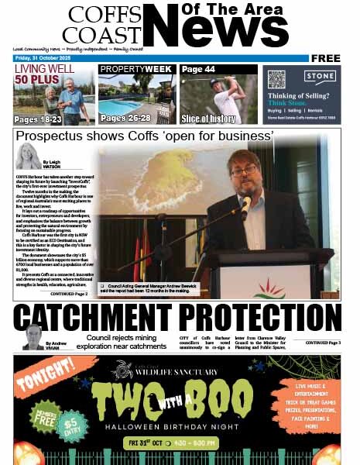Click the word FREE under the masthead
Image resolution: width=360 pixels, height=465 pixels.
[326, 58]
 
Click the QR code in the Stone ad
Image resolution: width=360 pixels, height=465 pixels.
[276, 79]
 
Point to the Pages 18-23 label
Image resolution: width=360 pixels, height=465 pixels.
[39, 119]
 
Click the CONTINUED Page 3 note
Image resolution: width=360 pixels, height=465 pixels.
[322, 343]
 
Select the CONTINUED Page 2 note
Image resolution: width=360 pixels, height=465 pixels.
[69, 294]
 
